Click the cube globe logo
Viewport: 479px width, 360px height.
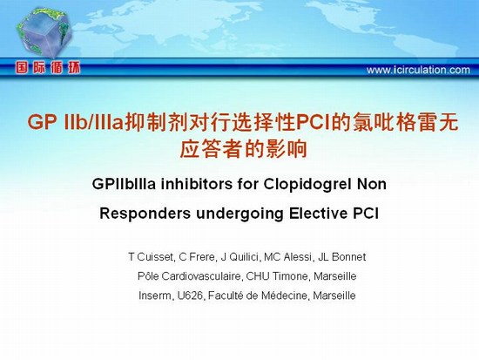point(44,32)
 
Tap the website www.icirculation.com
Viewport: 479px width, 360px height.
point(418,70)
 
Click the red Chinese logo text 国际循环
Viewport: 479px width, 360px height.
point(48,68)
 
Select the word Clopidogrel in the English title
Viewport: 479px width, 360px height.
point(306,185)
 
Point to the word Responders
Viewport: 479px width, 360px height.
point(145,214)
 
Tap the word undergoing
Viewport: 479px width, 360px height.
point(239,214)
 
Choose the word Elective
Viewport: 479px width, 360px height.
point(318,214)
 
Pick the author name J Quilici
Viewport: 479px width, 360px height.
point(239,257)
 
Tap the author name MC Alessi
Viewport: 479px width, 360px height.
point(288,257)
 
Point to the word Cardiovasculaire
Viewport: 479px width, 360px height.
point(202,276)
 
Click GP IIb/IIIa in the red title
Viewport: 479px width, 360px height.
point(76,122)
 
